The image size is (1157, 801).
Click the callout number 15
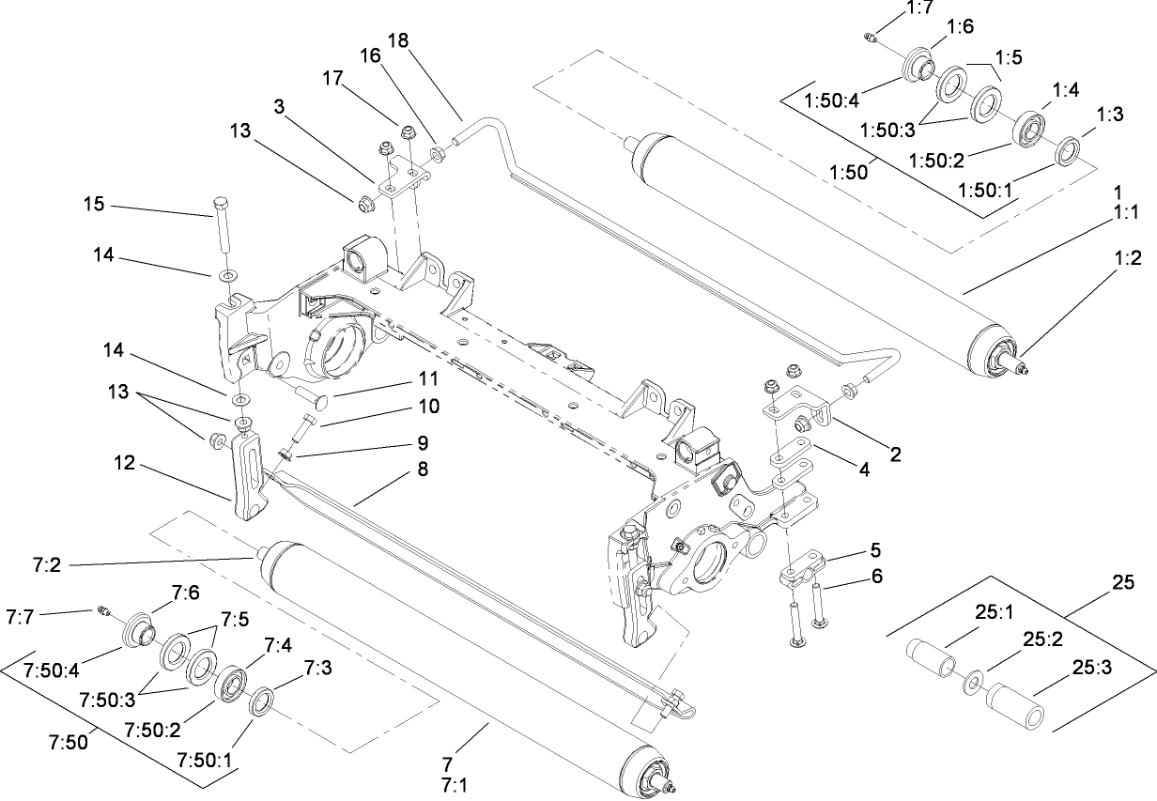[x=95, y=206]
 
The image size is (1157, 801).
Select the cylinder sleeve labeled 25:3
[x=1013, y=709]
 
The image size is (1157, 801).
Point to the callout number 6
[x=875, y=576]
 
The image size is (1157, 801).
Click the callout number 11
[x=428, y=380]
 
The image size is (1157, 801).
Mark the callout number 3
[x=279, y=107]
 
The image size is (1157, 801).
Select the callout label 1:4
[x=1065, y=90]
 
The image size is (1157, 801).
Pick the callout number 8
[x=423, y=470]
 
